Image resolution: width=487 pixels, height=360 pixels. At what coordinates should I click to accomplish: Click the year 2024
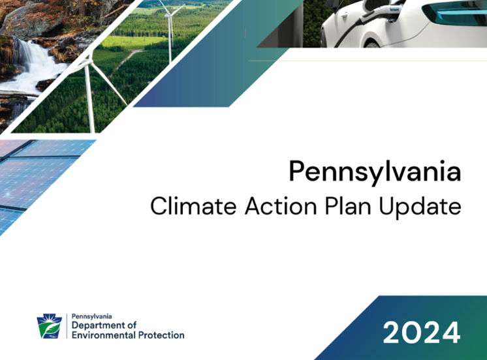coord(421,333)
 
